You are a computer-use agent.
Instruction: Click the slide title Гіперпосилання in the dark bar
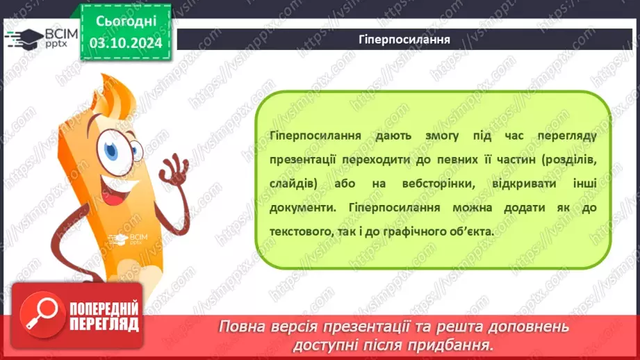point(408,40)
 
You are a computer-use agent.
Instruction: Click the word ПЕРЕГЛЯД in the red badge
point(104,323)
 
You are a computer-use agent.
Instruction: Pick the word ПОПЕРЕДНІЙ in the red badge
point(104,309)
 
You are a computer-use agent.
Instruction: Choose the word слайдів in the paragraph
point(292,183)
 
